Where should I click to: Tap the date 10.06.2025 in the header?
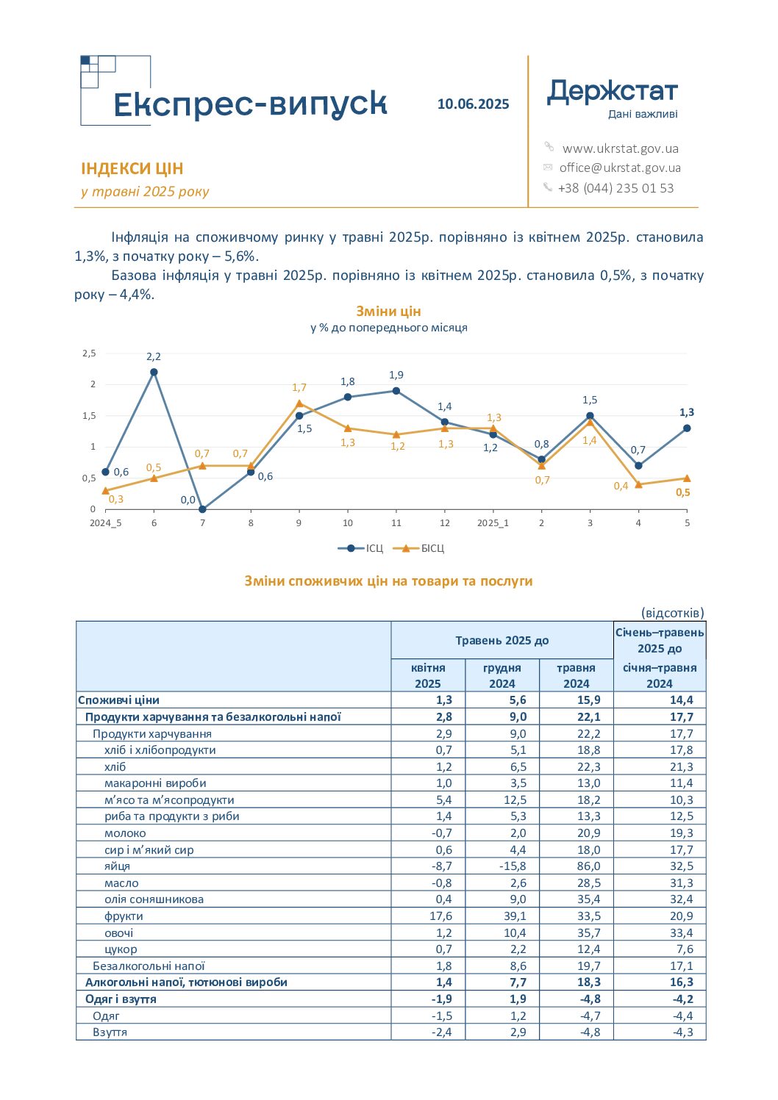coord(473,104)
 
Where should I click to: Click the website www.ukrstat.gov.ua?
coord(620,148)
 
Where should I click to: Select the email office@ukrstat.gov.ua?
coord(620,168)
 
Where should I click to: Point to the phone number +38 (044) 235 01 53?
coord(615,188)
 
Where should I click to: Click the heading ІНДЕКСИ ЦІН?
coord(132,169)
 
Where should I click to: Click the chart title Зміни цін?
coord(388,312)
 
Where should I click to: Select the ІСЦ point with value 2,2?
coord(154,373)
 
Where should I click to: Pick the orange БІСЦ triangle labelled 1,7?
coord(299,403)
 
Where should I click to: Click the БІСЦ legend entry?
coord(419,548)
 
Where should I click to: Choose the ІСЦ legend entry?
coord(360,548)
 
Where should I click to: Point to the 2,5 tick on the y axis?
coord(89,353)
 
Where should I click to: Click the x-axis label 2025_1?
coord(493,523)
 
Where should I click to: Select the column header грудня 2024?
coord(502,675)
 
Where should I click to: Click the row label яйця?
coord(117,866)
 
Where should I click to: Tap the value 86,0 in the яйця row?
coord(589,866)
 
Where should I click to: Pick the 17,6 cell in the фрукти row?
coord(440,916)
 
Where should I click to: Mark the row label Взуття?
coord(110,1032)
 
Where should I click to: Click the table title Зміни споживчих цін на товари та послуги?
coord(389,581)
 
